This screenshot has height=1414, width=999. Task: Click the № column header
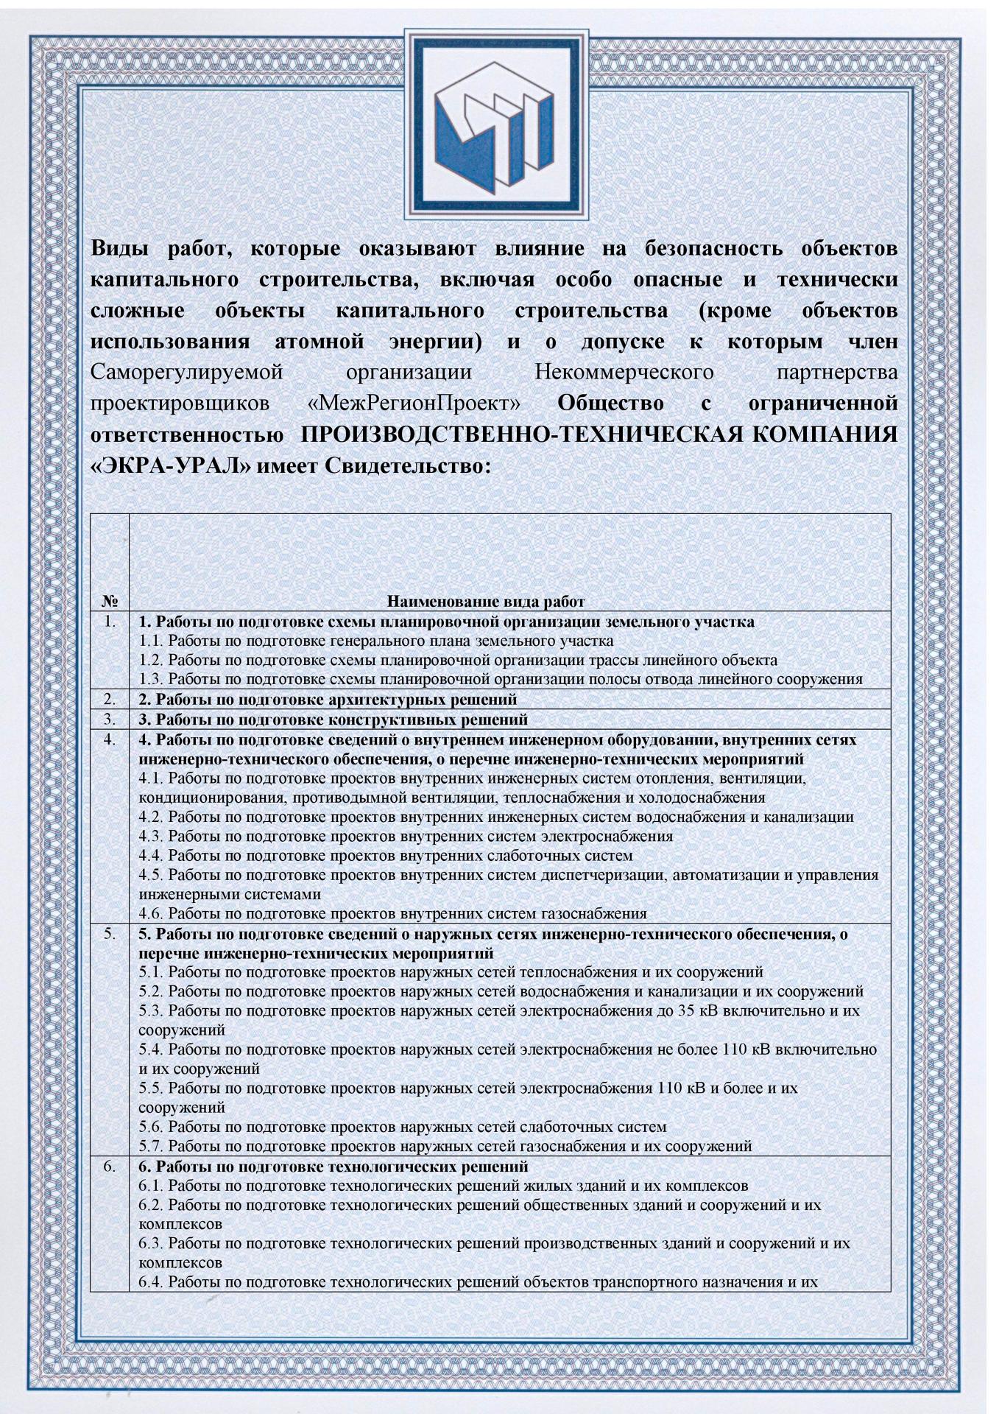coord(109,601)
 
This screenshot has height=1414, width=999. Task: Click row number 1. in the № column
coord(110,622)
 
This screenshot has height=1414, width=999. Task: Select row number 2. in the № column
coord(110,698)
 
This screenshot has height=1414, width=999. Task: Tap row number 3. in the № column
coord(110,718)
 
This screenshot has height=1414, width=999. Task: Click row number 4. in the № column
coord(110,738)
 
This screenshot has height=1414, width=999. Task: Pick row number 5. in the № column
coord(110,934)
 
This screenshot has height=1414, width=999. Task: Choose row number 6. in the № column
coord(110,1167)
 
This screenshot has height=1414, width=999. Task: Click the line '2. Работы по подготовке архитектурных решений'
coord(328,699)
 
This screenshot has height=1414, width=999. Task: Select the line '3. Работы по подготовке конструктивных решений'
coord(333,719)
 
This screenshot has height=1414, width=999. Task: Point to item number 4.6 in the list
coord(152,914)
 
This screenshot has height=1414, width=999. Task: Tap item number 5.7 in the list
coord(152,1146)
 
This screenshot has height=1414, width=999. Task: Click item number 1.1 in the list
coord(152,641)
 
